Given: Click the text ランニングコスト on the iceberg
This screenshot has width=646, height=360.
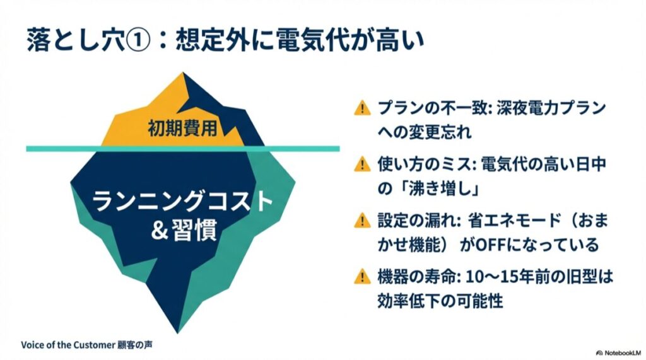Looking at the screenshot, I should point(182,203).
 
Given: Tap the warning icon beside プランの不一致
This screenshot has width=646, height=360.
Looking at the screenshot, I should point(361,108).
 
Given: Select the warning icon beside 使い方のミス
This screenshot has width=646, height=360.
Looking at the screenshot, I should point(361,165).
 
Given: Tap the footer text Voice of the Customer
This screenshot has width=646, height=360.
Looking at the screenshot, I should point(68,345).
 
